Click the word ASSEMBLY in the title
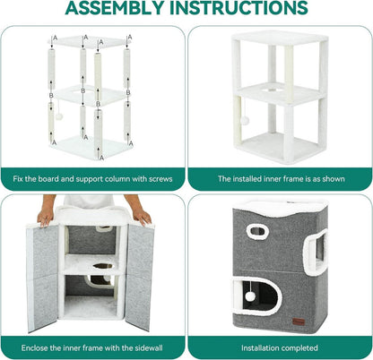115,8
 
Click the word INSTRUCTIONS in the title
239,8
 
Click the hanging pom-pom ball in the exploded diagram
58,116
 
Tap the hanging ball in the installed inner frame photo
245,121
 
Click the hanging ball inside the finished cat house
250,296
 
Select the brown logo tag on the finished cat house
299,321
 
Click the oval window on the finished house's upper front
257,231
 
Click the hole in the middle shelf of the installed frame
271,90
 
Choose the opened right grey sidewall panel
139,276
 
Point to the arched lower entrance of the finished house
257,295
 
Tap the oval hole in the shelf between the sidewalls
103,265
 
